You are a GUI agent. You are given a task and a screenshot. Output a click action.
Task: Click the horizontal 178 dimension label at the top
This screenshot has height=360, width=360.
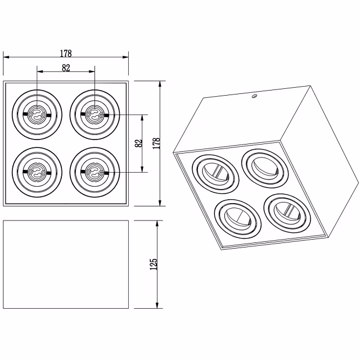(x=66, y=53)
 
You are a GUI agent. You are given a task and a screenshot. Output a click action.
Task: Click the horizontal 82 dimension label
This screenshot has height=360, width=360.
(x=66, y=68)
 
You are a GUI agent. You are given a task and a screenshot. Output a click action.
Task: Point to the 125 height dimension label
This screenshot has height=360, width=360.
(x=153, y=264)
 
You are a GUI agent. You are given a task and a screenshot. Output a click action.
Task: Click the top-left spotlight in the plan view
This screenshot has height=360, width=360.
(x=37, y=114)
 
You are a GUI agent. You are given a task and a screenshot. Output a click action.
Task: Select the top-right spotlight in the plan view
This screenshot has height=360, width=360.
(x=94, y=114)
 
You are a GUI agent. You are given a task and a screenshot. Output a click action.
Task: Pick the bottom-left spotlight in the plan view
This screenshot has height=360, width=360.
(x=37, y=171)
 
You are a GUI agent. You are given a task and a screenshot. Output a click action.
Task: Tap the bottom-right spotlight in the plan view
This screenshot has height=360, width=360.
(x=94, y=171)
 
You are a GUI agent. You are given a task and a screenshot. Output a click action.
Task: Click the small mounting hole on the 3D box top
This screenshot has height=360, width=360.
(x=254, y=97)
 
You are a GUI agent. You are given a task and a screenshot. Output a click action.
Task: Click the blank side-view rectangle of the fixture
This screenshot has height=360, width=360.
(x=66, y=264)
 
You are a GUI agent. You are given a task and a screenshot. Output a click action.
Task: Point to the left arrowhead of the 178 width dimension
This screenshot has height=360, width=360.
(x=6, y=57)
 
